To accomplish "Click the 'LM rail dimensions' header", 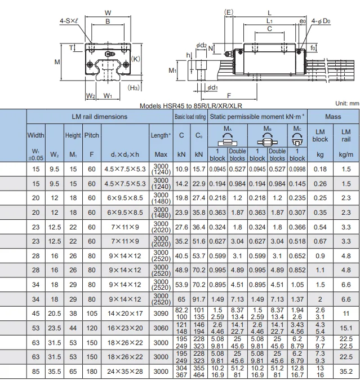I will [99, 117].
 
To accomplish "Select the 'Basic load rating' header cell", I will [189, 117].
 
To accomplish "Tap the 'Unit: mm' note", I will [346, 103].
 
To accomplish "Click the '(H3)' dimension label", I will [134, 87].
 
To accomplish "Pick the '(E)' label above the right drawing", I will [228, 11].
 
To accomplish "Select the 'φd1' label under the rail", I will [212, 87].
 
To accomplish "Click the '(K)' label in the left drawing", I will [136, 59].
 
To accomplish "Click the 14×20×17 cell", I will [125, 312].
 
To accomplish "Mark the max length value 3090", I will [161, 312].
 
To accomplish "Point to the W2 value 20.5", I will [54, 312].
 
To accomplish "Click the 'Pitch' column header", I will [91, 135].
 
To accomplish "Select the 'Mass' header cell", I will [332, 117].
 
